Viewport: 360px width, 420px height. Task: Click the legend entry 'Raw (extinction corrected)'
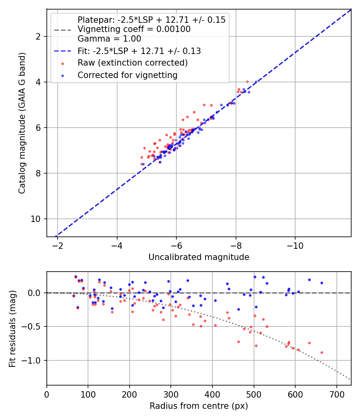[132, 63]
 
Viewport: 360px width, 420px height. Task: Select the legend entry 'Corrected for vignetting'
[127, 75]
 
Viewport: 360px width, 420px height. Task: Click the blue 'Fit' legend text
[139, 51]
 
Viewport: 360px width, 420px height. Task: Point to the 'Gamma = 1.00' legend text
[109, 39]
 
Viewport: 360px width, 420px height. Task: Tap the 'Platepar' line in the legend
[151, 20]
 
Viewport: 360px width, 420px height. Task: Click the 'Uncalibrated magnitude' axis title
[199, 257]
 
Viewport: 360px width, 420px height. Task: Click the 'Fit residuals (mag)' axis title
[12, 328]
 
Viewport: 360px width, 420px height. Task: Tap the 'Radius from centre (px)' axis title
[199, 406]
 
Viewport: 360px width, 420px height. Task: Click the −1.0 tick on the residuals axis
[36, 360]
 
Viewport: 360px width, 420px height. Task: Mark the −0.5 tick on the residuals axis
[36, 327]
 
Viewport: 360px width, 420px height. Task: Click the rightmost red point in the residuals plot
[322, 352]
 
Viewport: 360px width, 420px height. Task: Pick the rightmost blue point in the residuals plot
[322, 283]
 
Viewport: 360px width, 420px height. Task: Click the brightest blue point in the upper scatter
[256, 82]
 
